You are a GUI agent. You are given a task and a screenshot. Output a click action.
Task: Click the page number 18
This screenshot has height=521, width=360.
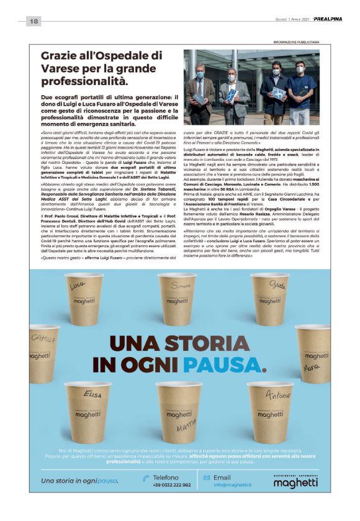coord(34,22)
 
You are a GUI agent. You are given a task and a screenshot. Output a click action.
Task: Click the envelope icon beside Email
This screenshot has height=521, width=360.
coord(207,478)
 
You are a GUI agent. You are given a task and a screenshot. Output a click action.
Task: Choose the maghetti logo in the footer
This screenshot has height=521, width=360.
coord(295,482)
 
